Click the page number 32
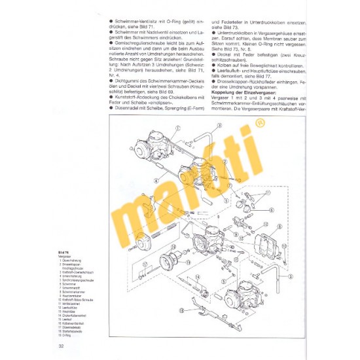point(61,345)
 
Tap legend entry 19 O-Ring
point(68,335)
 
